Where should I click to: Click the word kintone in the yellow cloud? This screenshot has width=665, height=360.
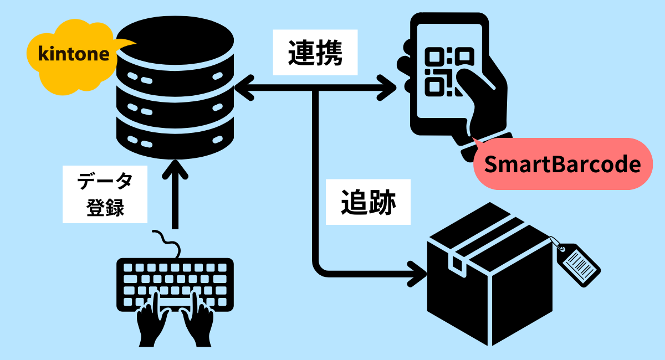74,54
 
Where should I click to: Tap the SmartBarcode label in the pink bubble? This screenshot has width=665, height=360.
562,164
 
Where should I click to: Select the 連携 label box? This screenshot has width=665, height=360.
315,52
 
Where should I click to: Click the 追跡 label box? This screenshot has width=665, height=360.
368,202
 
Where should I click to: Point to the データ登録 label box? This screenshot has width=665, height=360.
105,194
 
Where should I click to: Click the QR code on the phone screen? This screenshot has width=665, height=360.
449,72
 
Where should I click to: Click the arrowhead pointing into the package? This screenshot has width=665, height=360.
417,274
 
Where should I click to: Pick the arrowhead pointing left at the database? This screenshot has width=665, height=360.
244,88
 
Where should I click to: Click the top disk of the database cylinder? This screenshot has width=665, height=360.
175,40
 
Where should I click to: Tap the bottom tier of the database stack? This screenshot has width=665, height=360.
175,140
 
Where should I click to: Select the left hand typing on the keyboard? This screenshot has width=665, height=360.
152,321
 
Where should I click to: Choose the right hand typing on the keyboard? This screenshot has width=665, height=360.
198,321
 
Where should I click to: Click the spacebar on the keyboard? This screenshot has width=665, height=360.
175,302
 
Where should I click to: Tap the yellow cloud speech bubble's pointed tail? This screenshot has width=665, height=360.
126,44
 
